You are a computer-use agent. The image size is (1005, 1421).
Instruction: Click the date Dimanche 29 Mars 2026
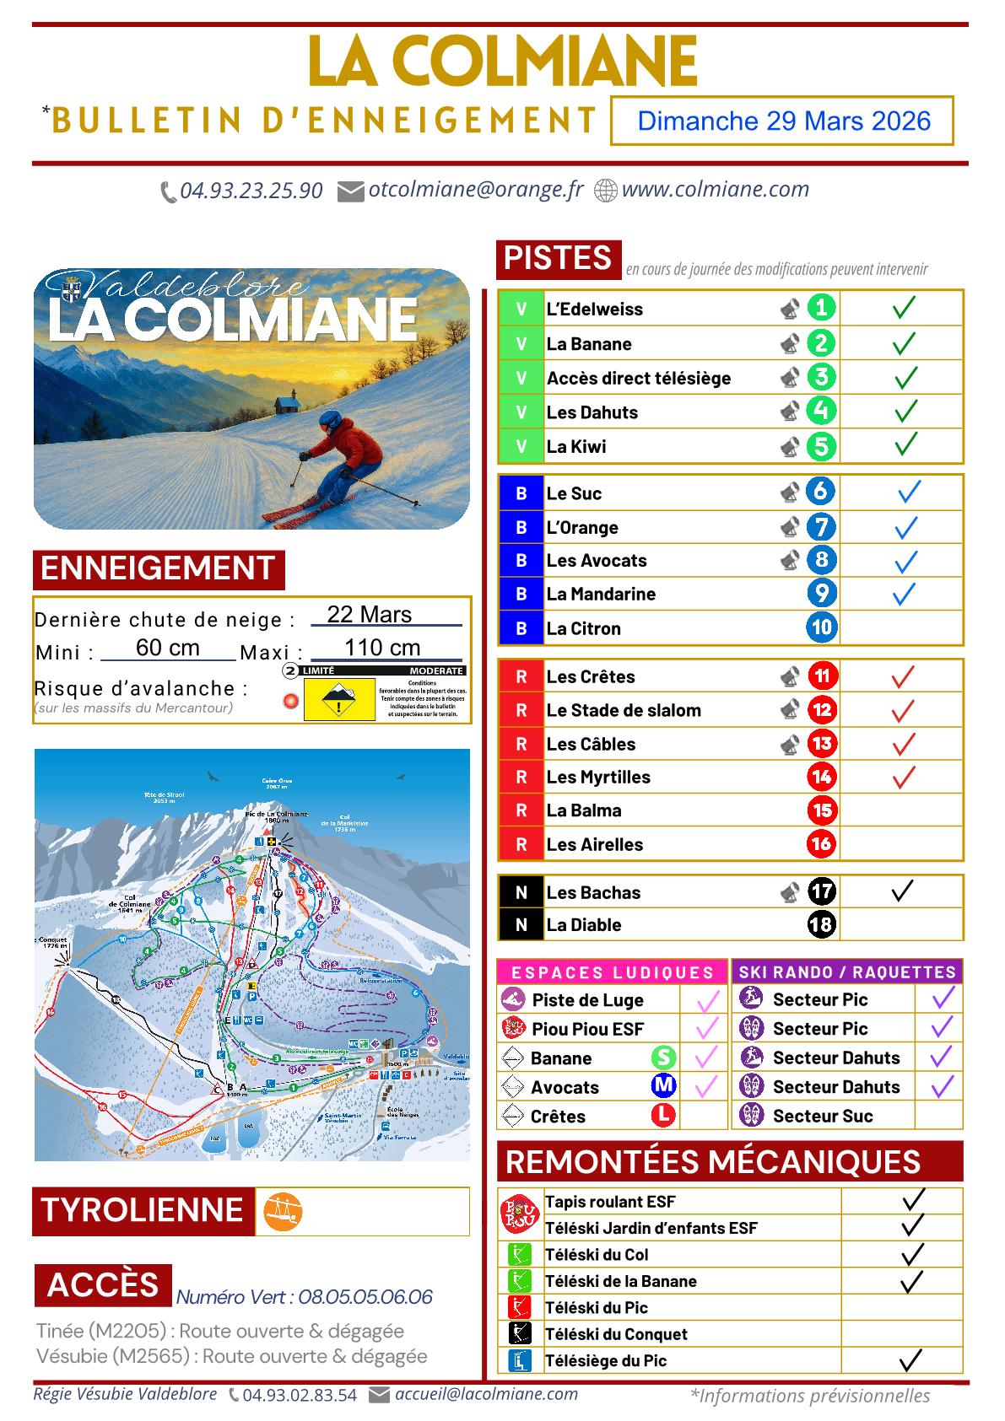click(783, 121)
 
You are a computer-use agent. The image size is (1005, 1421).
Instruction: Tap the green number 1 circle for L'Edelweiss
click(821, 308)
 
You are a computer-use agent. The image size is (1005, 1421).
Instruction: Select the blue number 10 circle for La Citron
click(821, 627)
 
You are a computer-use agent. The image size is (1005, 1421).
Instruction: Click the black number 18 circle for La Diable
click(821, 924)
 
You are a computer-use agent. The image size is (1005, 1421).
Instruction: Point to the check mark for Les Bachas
click(902, 891)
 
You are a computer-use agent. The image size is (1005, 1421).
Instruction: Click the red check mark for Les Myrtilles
click(903, 776)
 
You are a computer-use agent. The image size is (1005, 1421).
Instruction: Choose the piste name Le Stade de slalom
click(623, 710)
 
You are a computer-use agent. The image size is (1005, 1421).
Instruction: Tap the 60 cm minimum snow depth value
click(168, 648)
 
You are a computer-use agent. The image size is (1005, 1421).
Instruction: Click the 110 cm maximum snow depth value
click(382, 648)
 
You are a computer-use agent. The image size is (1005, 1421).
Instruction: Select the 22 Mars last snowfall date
click(369, 614)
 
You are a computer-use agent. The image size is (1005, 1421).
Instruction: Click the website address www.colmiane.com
click(715, 190)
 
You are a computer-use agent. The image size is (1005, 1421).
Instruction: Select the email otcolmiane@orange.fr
click(475, 190)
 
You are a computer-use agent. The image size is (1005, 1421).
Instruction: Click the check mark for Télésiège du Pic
click(910, 1359)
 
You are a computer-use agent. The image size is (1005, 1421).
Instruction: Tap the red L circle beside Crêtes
click(664, 1115)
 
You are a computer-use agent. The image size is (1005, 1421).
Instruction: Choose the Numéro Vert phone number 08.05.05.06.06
click(365, 1297)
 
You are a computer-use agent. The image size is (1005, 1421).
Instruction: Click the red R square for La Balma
click(521, 810)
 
